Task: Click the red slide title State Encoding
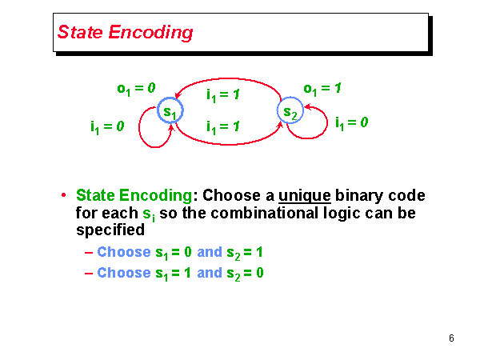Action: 125,33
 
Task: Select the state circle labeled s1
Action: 170,112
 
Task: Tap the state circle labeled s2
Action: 290,112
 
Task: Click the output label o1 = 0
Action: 136,88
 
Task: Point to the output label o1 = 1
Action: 322,88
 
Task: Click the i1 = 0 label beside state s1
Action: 106,126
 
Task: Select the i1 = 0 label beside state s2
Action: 351,123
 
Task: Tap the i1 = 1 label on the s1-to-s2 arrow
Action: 224,126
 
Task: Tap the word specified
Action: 110,230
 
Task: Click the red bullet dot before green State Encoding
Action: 64,196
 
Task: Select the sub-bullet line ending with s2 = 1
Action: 180,252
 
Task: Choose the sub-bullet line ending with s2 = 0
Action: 180,273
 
